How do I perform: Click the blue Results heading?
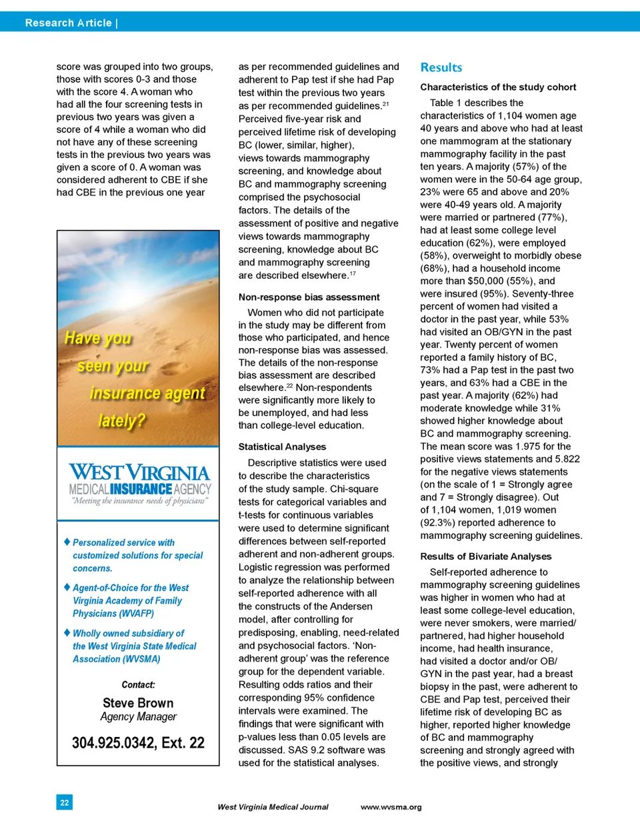pos(441,67)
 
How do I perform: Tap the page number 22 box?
pos(65,802)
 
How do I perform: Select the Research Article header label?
pos(69,23)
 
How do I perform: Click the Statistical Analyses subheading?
pos(282,447)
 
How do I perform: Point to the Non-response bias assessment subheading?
pos(309,297)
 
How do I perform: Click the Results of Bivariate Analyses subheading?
pos(485,556)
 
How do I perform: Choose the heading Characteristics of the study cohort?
pos(498,87)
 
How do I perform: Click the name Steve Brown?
pos(138,703)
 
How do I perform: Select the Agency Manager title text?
pos(138,717)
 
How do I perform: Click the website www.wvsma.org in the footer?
pos(391,807)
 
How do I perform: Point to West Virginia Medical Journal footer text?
pos(273,807)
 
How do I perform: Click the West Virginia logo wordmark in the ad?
pos(139,473)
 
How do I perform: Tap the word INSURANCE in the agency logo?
pos(141,490)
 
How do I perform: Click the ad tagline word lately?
pos(121,421)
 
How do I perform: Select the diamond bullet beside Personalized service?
pos(67,542)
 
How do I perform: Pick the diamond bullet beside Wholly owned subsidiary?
pos(67,632)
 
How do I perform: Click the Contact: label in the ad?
pos(138,685)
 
